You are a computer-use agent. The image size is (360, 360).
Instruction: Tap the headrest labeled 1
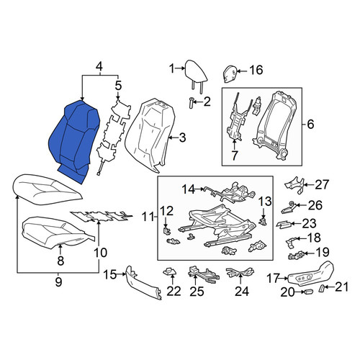pyautogui.click(x=196, y=73)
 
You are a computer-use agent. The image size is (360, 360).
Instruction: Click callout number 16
pyautogui.click(x=256, y=70)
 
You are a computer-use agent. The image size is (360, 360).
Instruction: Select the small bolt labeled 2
pyautogui.click(x=191, y=103)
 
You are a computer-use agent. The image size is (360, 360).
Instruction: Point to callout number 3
pyautogui.click(x=182, y=138)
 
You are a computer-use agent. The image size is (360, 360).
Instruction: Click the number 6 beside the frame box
pyautogui.click(x=310, y=125)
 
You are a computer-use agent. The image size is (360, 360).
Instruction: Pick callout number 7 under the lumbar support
pyautogui.click(x=235, y=156)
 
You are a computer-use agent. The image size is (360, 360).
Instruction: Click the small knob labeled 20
pyautogui.click(x=308, y=292)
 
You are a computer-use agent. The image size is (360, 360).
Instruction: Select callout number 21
pyautogui.click(x=341, y=287)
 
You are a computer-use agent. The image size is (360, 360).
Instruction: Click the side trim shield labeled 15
pyautogui.click(x=143, y=283)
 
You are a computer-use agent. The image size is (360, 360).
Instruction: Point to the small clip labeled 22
pyautogui.click(x=169, y=271)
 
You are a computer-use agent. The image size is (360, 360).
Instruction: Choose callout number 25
pyautogui.click(x=197, y=292)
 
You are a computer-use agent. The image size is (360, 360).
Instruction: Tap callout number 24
pyautogui.click(x=242, y=291)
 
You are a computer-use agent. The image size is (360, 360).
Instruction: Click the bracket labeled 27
pyautogui.click(x=294, y=185)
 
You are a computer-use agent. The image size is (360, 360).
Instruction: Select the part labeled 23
pyautogui.click(x=284, y=224)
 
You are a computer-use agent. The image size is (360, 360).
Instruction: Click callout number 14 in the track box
pyautogui.click(x=189, y=189)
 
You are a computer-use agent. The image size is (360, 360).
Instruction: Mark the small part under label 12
pyautogui.click(x=166, y=230)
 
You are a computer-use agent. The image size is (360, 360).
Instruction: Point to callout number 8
pyautogui.click(x=60, y=261)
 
